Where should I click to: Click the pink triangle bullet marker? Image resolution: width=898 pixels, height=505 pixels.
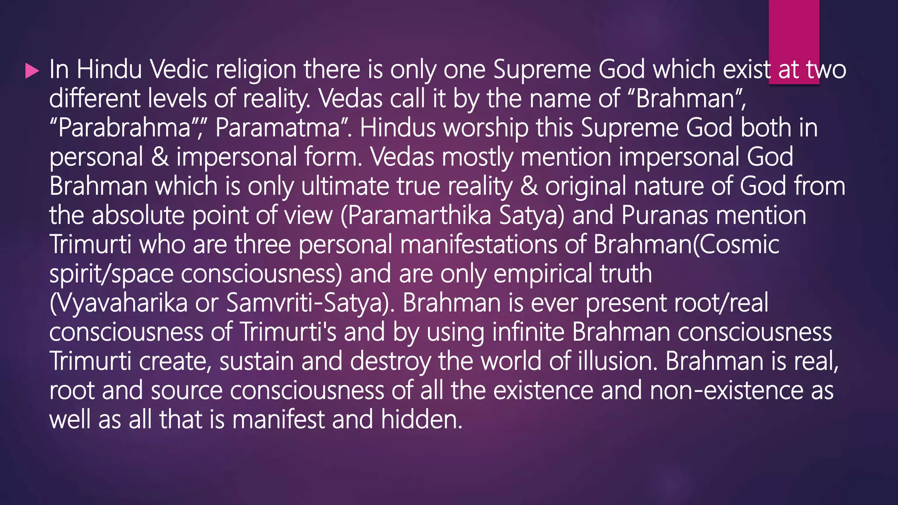point(32,71)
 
